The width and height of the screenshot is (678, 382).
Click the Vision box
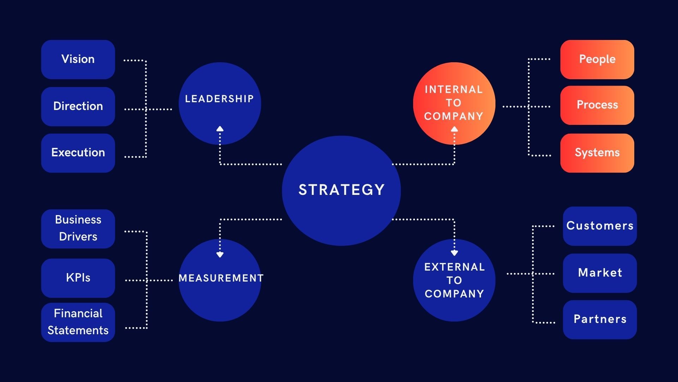coord(78,59)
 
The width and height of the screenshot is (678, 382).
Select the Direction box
coord(78,106)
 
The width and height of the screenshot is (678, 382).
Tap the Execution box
coord(78,153)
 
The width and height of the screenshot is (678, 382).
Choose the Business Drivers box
coord(78,228)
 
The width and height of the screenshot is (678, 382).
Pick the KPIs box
coord(78,278)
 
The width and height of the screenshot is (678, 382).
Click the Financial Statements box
coord(78,322)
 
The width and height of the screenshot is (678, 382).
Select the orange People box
coord(597,59)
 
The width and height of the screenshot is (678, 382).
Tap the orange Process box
coord(597,105)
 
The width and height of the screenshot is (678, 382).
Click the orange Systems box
coord(597,153)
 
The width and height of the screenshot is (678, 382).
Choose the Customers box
coord(600,226)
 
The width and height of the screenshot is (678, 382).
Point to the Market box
coord(600,273)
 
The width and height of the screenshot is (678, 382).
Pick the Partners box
coord(600,319)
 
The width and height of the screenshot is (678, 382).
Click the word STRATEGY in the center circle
coord(341,190)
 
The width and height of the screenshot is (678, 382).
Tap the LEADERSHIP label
coord(219,99)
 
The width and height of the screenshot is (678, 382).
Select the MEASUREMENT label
coord(221,278)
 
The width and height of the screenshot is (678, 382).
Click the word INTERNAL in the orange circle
coord(454,89)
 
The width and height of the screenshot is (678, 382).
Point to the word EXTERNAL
coord(454,267)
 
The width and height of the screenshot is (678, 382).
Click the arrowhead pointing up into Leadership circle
coord(220,129)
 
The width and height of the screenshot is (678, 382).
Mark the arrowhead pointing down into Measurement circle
coord(220,255)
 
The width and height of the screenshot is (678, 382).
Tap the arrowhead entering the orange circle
coord(454,129)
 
